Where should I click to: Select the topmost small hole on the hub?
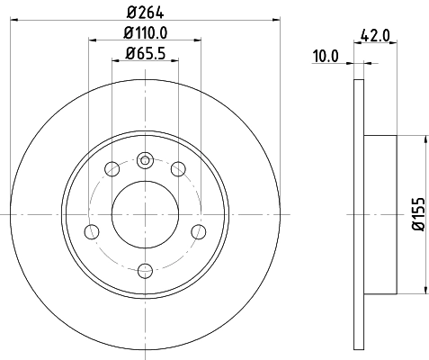point(145,160)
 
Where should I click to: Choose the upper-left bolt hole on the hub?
point(112,168)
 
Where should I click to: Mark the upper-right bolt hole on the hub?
point(178,168)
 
